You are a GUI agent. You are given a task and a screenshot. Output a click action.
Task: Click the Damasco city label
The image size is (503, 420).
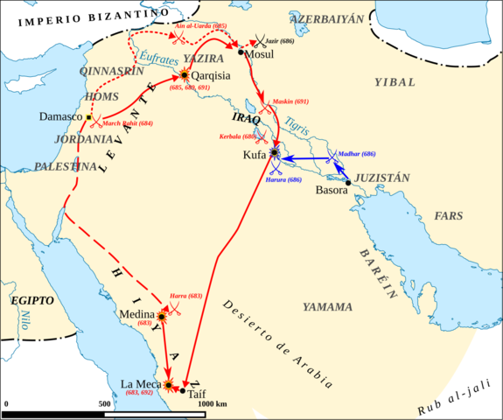click(59, 116)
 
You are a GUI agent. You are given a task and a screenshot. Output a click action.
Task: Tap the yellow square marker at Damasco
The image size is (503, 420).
click(89, 116)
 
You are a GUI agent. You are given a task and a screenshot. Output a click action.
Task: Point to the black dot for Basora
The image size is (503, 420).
click(348, 183)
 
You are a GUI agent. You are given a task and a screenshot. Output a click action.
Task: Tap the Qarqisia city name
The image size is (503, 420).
click(211, 75)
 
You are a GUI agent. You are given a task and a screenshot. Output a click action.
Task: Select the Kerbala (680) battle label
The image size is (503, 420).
click(237, 136)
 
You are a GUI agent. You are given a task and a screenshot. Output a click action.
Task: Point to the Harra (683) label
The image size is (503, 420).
click(186, 297)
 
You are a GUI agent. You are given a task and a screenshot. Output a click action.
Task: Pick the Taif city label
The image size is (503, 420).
click(198, 395)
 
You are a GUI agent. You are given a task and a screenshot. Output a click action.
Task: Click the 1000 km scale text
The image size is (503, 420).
click(213, 403)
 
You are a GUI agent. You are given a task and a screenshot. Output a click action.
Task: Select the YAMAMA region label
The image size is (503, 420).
click(327, 307)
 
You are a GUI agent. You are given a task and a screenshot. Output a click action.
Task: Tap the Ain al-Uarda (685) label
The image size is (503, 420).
click(202, 27)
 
